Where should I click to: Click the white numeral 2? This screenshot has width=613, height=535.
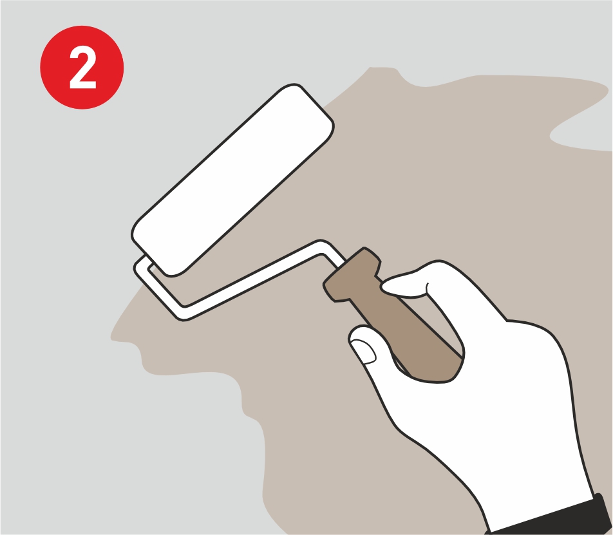click(82, 67)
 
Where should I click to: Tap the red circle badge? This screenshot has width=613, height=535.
click(82, 67)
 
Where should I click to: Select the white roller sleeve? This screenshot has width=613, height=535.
click(232, 180)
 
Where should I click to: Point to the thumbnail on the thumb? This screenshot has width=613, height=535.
click(364, 351)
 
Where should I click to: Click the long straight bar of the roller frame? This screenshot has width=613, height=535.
click(254, 279)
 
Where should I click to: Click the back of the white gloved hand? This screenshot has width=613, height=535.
click(508, 391)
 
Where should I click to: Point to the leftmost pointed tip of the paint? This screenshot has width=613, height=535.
click(112, 337)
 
